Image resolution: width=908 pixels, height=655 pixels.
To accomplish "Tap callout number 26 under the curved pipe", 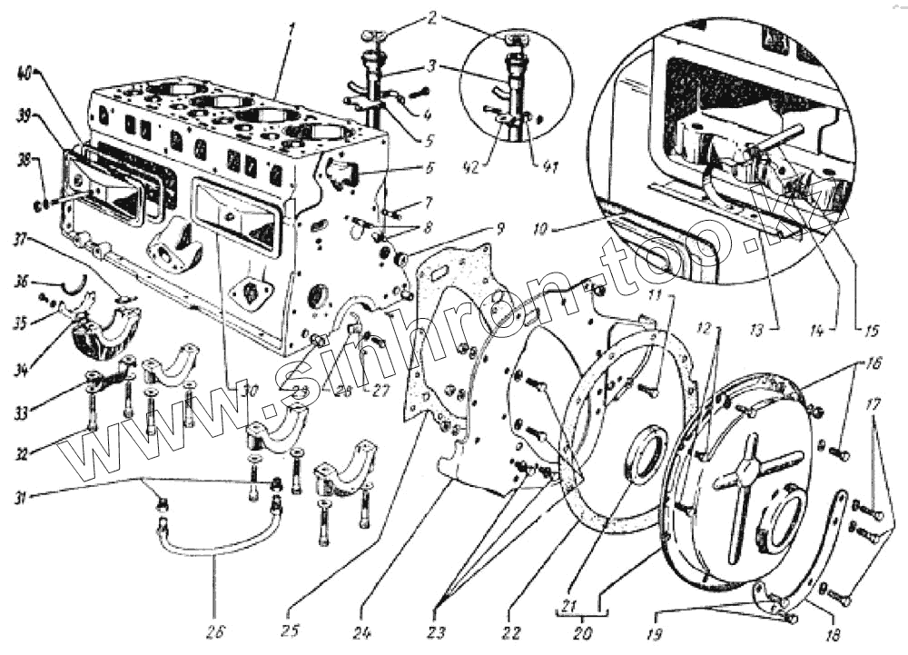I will point(214,630).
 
